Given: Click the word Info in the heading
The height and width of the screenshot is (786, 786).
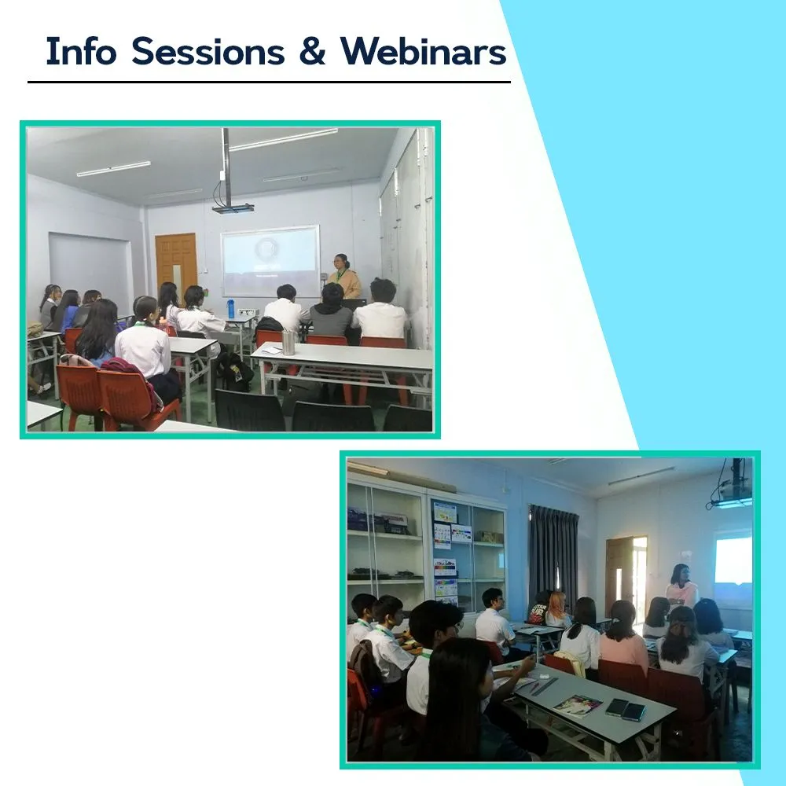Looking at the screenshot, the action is (x=81, y=51).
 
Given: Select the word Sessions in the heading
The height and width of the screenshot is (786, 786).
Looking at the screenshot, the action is (x=208, y=51).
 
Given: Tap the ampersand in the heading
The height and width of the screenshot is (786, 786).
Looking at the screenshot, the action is (x=312, y=51).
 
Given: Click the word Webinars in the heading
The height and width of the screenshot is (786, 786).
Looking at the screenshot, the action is (x=424, y=51).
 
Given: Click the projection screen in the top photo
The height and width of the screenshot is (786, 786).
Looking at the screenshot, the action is (x=270, y=261).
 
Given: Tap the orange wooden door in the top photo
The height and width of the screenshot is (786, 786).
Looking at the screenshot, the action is (x=175, y=263).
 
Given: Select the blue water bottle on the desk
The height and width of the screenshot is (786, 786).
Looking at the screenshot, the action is (x=230, y=309).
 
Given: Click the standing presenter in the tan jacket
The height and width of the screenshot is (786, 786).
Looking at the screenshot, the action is (x=343, y=277).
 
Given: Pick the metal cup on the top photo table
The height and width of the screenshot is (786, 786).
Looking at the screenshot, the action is (x=288, y=343).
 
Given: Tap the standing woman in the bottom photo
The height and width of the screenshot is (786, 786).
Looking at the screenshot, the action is (x=681, y=586).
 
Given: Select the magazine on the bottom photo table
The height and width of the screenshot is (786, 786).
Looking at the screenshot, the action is (x=578, y=706).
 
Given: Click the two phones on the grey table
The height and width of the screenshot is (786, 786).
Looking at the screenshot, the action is (x=626, y=709).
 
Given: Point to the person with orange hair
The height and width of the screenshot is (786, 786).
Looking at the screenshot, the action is (x=556, y=609).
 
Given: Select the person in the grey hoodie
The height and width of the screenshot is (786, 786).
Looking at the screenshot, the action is (x=332, y=310).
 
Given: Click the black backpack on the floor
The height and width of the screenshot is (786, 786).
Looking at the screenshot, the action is (x=236, y=372).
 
